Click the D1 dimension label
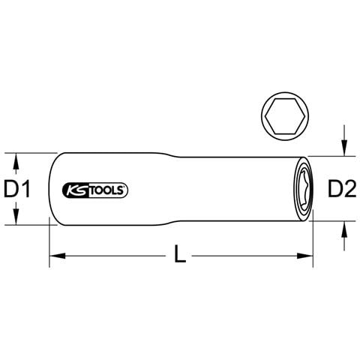[17, 189]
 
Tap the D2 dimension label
[342, 189]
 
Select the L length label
[180, 254]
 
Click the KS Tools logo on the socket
[95, 190]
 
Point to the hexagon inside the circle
[285, 116]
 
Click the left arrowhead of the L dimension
[58, 256]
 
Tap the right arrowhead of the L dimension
[305, 256]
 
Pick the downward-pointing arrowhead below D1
[16, 217]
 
